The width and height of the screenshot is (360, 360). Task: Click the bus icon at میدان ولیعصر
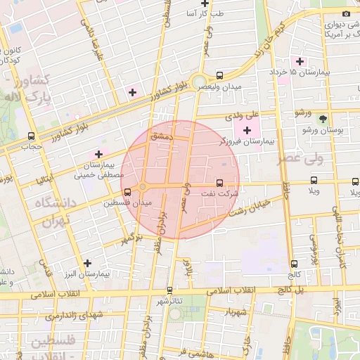tap(220, 75)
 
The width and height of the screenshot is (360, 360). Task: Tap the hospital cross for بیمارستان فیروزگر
tap(247, 130)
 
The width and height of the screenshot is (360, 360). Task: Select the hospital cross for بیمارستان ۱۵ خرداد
tap(300, 61)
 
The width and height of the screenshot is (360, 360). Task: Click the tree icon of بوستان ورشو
tap(322, 119)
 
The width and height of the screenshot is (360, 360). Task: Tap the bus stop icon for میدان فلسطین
tap(127, 191)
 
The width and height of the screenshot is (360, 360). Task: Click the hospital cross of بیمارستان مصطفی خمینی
tap(98, 153)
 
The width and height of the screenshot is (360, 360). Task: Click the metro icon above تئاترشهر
tap(169, 290)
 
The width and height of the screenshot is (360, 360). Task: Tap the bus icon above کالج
tap(294, 264)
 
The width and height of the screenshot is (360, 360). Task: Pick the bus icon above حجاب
tap(30, 136)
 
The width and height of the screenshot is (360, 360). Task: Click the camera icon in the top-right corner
tap(345, 14)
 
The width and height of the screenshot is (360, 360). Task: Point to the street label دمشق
tap(162, 138)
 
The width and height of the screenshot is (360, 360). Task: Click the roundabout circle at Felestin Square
tap(143, 186)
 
